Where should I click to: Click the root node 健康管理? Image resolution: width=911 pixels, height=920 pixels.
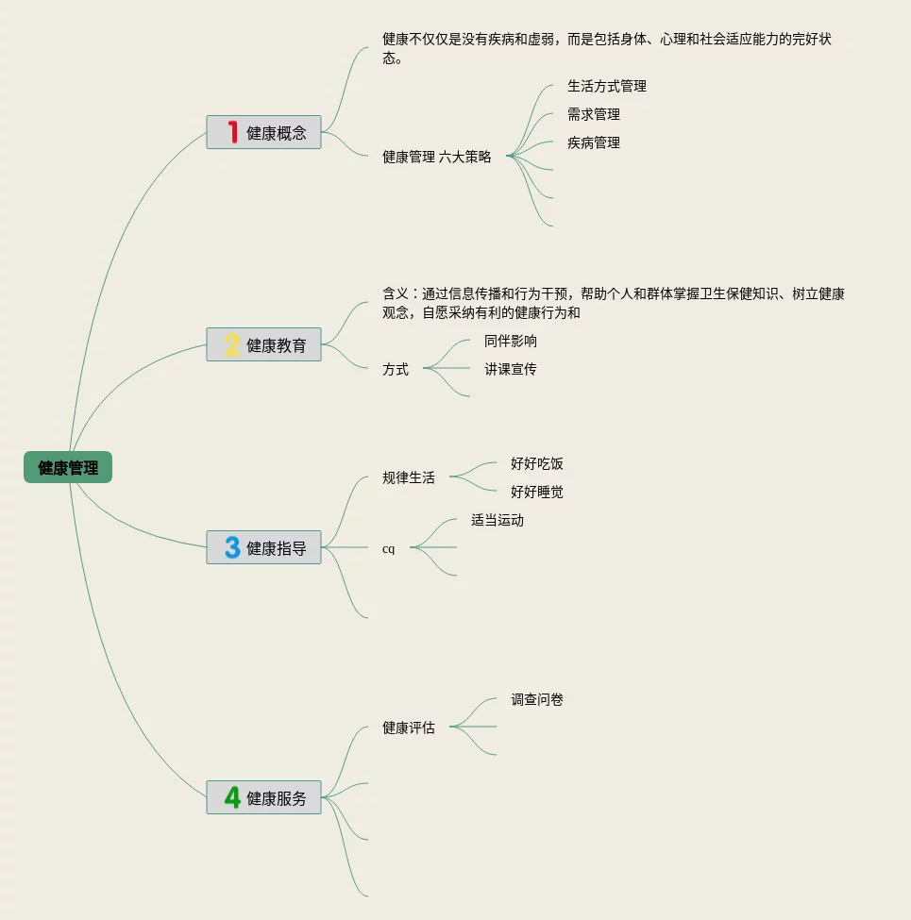pos(68,467)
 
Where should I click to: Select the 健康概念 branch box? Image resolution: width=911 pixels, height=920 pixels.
pos(263,132)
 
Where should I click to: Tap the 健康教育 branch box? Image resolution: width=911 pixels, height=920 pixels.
pos(263,344)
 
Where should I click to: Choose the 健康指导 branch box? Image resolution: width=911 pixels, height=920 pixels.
pos(263,547)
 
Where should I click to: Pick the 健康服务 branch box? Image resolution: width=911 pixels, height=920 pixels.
pos(263,797)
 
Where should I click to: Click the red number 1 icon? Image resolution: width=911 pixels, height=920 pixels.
pos(232,132)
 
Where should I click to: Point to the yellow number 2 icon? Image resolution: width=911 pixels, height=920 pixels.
pos(232,344)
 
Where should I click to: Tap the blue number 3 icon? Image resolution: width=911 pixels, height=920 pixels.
pos(232,547)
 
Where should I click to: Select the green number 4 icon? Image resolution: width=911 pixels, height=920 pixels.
pos(232,797)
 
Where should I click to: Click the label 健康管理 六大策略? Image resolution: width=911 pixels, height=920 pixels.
pos(436,157)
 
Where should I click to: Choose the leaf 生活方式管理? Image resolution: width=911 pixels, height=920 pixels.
pos(606,86)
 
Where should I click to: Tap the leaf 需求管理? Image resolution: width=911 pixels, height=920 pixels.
pos(593,114)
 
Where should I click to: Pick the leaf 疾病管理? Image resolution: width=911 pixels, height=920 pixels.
pos(593,142)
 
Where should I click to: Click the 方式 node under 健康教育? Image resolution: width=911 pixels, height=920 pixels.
pos(396,369)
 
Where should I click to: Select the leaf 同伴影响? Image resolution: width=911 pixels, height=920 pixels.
pos(510,341)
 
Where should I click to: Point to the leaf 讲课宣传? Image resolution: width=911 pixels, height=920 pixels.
pos(510,369)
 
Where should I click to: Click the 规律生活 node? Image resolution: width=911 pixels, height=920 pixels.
pos(409,477)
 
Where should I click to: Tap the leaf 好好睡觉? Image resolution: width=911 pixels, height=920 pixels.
pos(536,492)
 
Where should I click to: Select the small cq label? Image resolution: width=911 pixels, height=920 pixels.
pos(388,548)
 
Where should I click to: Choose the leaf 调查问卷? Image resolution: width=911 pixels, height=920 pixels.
pos(536,699)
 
